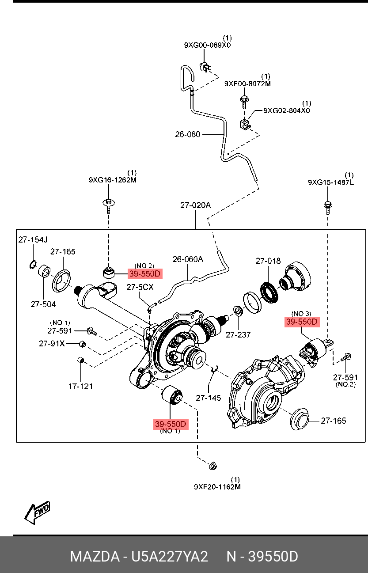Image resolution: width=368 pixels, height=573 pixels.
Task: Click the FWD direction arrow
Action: [x=38, y=512]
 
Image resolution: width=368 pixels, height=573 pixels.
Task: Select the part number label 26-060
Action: [x=187, y=134]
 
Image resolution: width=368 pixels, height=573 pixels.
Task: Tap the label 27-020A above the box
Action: [x=195, y=205]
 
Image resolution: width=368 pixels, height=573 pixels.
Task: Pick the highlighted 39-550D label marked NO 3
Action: [x=302, y=322]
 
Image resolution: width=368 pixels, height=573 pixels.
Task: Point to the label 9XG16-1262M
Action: [x=113, y=180]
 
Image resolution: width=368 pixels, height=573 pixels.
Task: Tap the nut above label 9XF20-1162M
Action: [x=212, y=466]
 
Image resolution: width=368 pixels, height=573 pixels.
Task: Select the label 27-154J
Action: [x=32, y=240]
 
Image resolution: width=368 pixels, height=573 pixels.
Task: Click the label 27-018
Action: [x=268, y=261]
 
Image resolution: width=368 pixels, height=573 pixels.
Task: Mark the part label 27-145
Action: [x=209, y=398]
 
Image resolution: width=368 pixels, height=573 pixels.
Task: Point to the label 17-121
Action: [x=80, y=387]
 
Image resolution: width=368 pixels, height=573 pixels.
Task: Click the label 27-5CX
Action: [x=140, y=287]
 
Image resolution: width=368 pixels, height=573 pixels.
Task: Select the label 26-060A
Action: [x=188, y=259]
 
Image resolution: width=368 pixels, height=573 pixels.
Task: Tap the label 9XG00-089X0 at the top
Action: [x=207, y=45]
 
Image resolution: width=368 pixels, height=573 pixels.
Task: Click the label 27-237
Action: [x=238, y=334]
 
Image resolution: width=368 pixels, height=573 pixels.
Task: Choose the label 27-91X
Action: [x=52, y=343]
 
